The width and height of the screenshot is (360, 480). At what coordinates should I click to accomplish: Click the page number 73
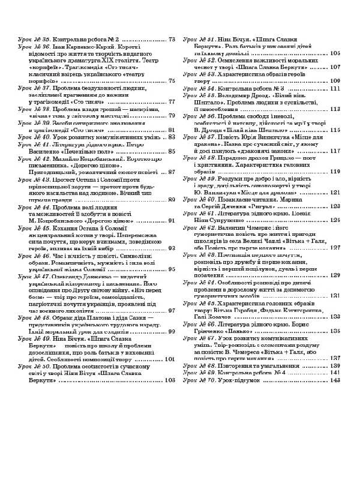click(172, 40)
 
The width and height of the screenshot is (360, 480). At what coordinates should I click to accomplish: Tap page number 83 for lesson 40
click(172, 137)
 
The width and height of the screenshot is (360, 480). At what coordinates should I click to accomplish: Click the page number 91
click(172, 220)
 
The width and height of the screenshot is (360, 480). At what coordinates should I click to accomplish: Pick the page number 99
click(172, 331)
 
